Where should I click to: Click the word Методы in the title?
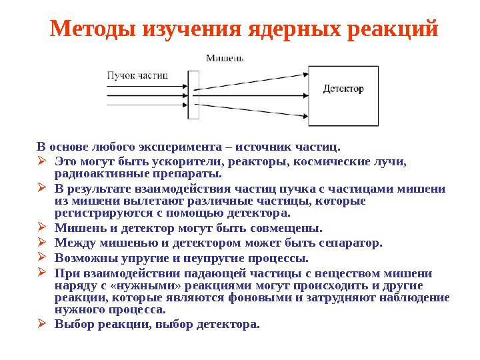pos(93,29)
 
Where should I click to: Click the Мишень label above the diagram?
pos(224,57)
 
